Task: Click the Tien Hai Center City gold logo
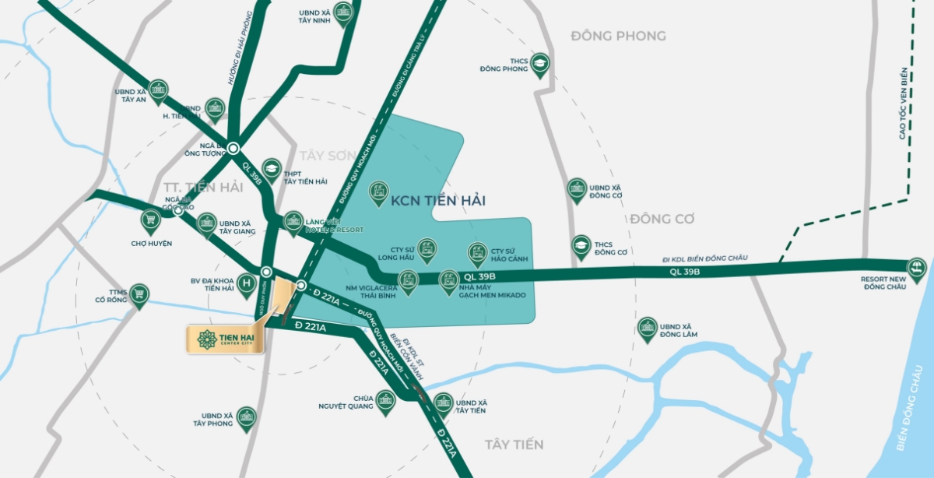pos(225,339)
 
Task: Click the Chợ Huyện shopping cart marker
pos(151,220)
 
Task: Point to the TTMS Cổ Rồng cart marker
pos(139,294)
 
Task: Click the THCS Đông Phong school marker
pos(540,65)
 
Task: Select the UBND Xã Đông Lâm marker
pos(647,328)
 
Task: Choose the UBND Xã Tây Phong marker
pos(247,417)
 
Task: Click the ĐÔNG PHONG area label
pos(618,36)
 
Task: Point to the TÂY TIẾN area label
pos(514,445)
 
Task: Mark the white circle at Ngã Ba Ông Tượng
pos(233,148)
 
